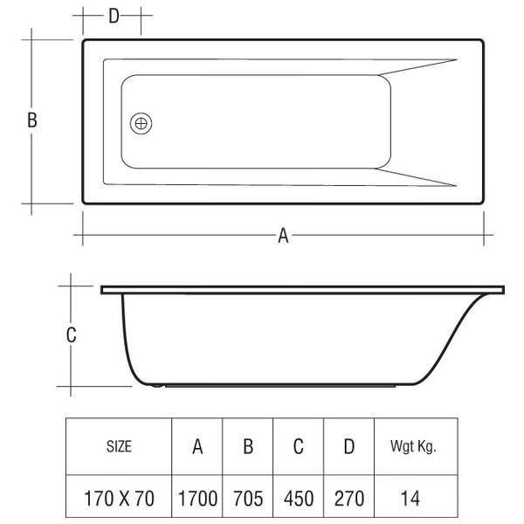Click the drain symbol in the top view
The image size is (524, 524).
coord(141,124)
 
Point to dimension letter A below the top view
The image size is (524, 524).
coord(283,235)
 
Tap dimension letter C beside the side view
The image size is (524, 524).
coord(72,334)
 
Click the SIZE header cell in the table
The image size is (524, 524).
coord(119,446)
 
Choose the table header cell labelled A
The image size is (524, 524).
coord(197,446)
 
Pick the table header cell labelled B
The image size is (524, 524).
coord(248,446)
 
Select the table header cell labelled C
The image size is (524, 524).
coord(298,446)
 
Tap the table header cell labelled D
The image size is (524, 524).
coord(349,446)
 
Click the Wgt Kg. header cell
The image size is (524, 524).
coord(412,446)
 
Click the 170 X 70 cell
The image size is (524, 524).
coord(119,500)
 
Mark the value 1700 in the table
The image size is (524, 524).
coord(197,500)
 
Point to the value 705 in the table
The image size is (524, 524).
coord(248,500)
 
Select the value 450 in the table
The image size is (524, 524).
coord(298,500)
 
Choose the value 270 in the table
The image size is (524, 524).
coord(349,500)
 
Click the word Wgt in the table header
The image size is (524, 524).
coord(402,446)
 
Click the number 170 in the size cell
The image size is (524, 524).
coord(98,500)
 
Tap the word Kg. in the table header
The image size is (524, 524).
coord(426,446)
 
